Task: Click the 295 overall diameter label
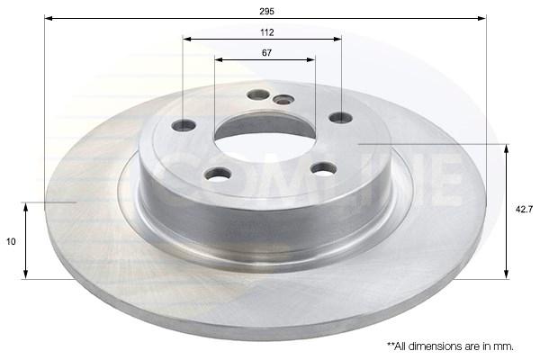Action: point(266,12)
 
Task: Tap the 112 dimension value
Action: point(267,32)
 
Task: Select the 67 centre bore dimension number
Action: point(267,53)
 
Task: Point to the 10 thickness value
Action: point(11,242)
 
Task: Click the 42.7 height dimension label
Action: point(524,210)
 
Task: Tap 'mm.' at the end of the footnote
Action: point(504,346)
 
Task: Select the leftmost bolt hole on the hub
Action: point(184,125)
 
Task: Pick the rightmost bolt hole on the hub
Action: point(340,118)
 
